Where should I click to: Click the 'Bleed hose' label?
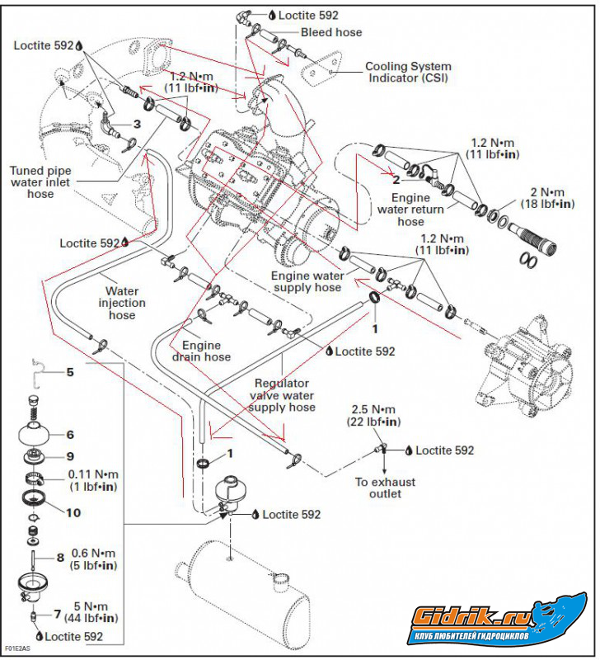pos(331,32)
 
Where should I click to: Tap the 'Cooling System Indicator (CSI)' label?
pos(407,73)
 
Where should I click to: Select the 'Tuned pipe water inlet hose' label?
pos(40,182)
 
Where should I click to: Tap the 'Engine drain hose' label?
pos(206,351)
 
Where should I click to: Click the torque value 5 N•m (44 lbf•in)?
pos(86,611)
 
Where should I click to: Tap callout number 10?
pos(73,512)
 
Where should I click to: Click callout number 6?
pos(70,434)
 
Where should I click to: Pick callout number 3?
pos(137,124)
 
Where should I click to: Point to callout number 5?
pos(70,372)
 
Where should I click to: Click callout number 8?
pos(60,559)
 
